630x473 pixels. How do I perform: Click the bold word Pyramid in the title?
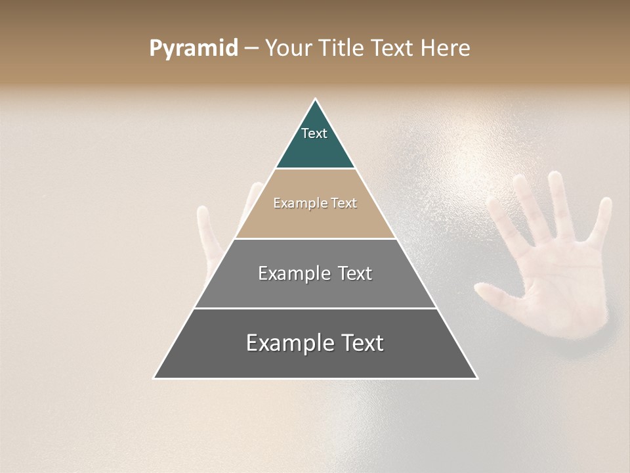[x=194, y=49]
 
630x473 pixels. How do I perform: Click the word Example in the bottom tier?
[x=284, y=343]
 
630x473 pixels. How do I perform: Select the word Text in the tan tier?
[x=343, y=203]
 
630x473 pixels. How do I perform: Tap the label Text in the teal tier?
[x=314, y=133]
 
